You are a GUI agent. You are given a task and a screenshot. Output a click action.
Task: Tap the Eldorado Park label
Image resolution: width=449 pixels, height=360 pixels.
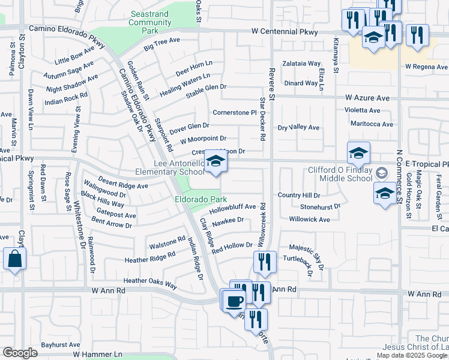coord(200,199)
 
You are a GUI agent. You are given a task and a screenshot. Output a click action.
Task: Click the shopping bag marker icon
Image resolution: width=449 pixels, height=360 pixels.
coord(14,259)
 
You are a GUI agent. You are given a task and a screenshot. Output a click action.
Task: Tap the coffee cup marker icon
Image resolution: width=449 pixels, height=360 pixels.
coord(235,300)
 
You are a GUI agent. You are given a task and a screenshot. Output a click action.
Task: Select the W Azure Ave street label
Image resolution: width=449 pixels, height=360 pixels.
coord(367,97)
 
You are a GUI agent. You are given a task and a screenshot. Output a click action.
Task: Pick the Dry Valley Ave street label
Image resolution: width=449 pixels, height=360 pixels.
coord(298,127)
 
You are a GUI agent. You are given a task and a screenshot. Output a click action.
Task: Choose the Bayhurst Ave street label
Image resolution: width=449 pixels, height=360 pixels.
coord(61,345)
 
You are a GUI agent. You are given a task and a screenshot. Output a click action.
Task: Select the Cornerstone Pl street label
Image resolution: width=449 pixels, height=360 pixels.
coord(235,112)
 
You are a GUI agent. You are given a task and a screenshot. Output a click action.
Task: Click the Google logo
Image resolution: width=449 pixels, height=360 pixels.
coord(20,353)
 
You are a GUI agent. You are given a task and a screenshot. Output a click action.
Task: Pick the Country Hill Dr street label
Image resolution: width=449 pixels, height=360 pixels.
coord(299,195)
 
